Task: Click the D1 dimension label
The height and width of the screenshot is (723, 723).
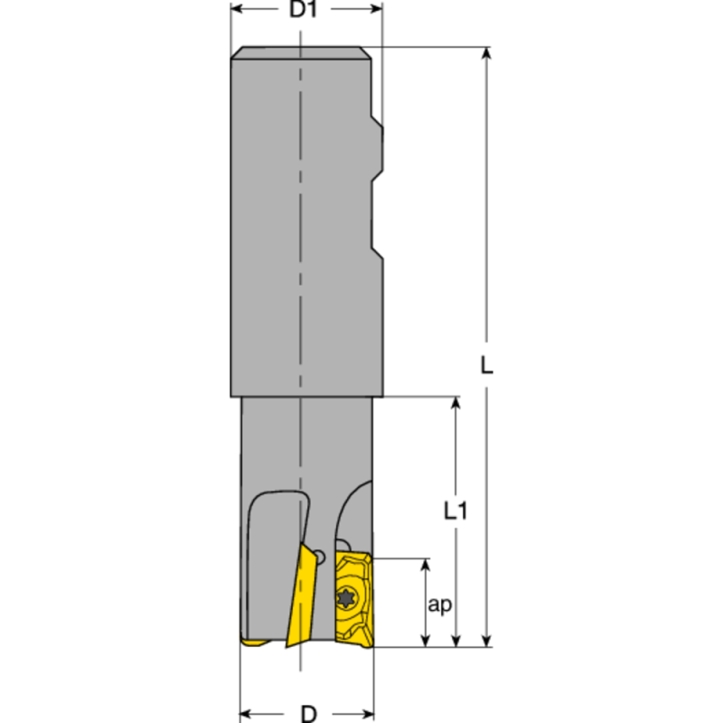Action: click(x=306, y=11)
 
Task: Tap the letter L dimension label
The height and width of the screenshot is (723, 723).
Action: click(x=487, y=366)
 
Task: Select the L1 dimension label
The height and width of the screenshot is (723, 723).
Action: click(x=456, y=512)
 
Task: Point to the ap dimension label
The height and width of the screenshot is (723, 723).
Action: click(x=440, y=606)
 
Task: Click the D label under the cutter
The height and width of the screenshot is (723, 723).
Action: click(x=308, y=713)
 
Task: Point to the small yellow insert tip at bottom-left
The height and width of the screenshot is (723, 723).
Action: click(x=254, y=643)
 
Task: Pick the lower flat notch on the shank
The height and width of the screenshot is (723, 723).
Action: click(x=378, y=217)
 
